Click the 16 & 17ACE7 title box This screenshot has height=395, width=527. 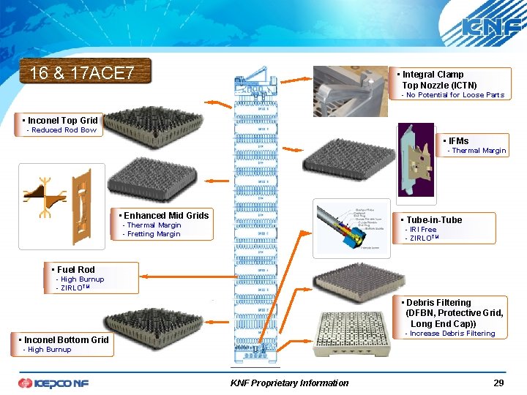[x=86, y=72]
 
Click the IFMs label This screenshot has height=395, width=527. [x=459, y=140]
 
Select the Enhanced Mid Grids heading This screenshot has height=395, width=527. [x=167, y=215]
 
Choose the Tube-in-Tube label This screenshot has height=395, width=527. [x=434, y=219]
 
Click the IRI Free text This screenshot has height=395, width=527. [x=423, y=230]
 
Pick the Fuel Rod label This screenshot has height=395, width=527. [x=76, y=269]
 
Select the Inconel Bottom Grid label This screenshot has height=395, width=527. [x=66, y=339]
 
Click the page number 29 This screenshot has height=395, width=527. [x=498, y=383]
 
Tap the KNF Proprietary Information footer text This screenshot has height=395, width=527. [x=289, y=383]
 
